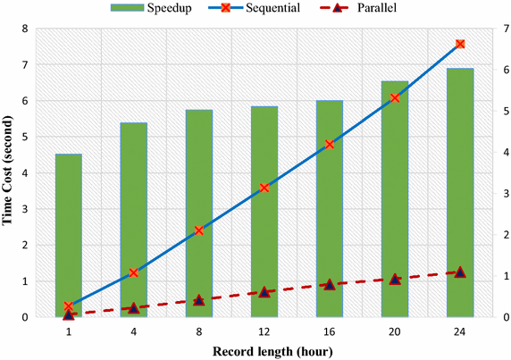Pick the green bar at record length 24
click(x=460, y=192)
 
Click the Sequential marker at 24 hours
click(x=460, y=44)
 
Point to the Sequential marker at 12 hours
click(x=264, y=188)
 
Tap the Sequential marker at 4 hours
click(x=134, y=272)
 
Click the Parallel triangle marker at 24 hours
click(x=460, y=272)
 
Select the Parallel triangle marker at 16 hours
click(x=330, y=284)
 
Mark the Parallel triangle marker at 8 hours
click(x=199, y=300)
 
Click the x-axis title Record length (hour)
click(x=264, y=351)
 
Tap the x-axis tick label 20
click(x=395, y=331)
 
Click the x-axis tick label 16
click(x=330, y=331)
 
